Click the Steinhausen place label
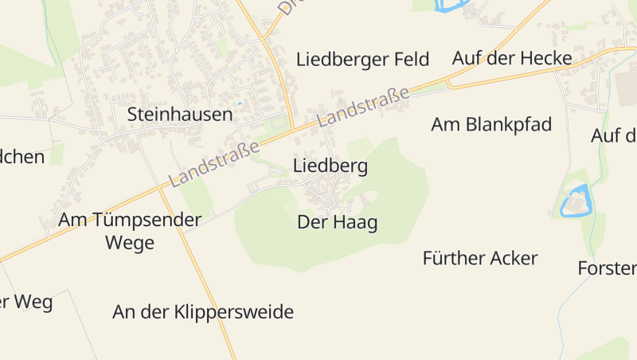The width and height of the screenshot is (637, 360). pos(180,115)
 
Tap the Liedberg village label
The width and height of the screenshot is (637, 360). pos(330,166)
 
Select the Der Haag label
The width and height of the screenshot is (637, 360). pos(337,223)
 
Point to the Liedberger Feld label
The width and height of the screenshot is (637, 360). pos(362,59)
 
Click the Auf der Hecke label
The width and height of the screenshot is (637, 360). pos(512,58)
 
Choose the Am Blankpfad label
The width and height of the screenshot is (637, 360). pos(491,124)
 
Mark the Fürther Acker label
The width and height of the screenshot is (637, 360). pos(480,258)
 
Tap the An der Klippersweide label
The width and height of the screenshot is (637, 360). pos(203,312)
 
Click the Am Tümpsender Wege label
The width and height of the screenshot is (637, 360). pos(130,231)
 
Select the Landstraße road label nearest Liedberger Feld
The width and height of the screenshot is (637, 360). pos(363,107)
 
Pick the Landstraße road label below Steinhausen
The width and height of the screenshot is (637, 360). pos(215,164)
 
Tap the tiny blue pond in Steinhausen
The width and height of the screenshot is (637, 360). pos(239,103)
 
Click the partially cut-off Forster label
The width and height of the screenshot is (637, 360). pos(607,268)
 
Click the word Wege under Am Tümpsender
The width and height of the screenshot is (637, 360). pos(130,243)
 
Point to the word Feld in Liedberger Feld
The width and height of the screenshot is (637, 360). pos(410,59)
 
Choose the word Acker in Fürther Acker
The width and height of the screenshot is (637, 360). pos(514,258)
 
